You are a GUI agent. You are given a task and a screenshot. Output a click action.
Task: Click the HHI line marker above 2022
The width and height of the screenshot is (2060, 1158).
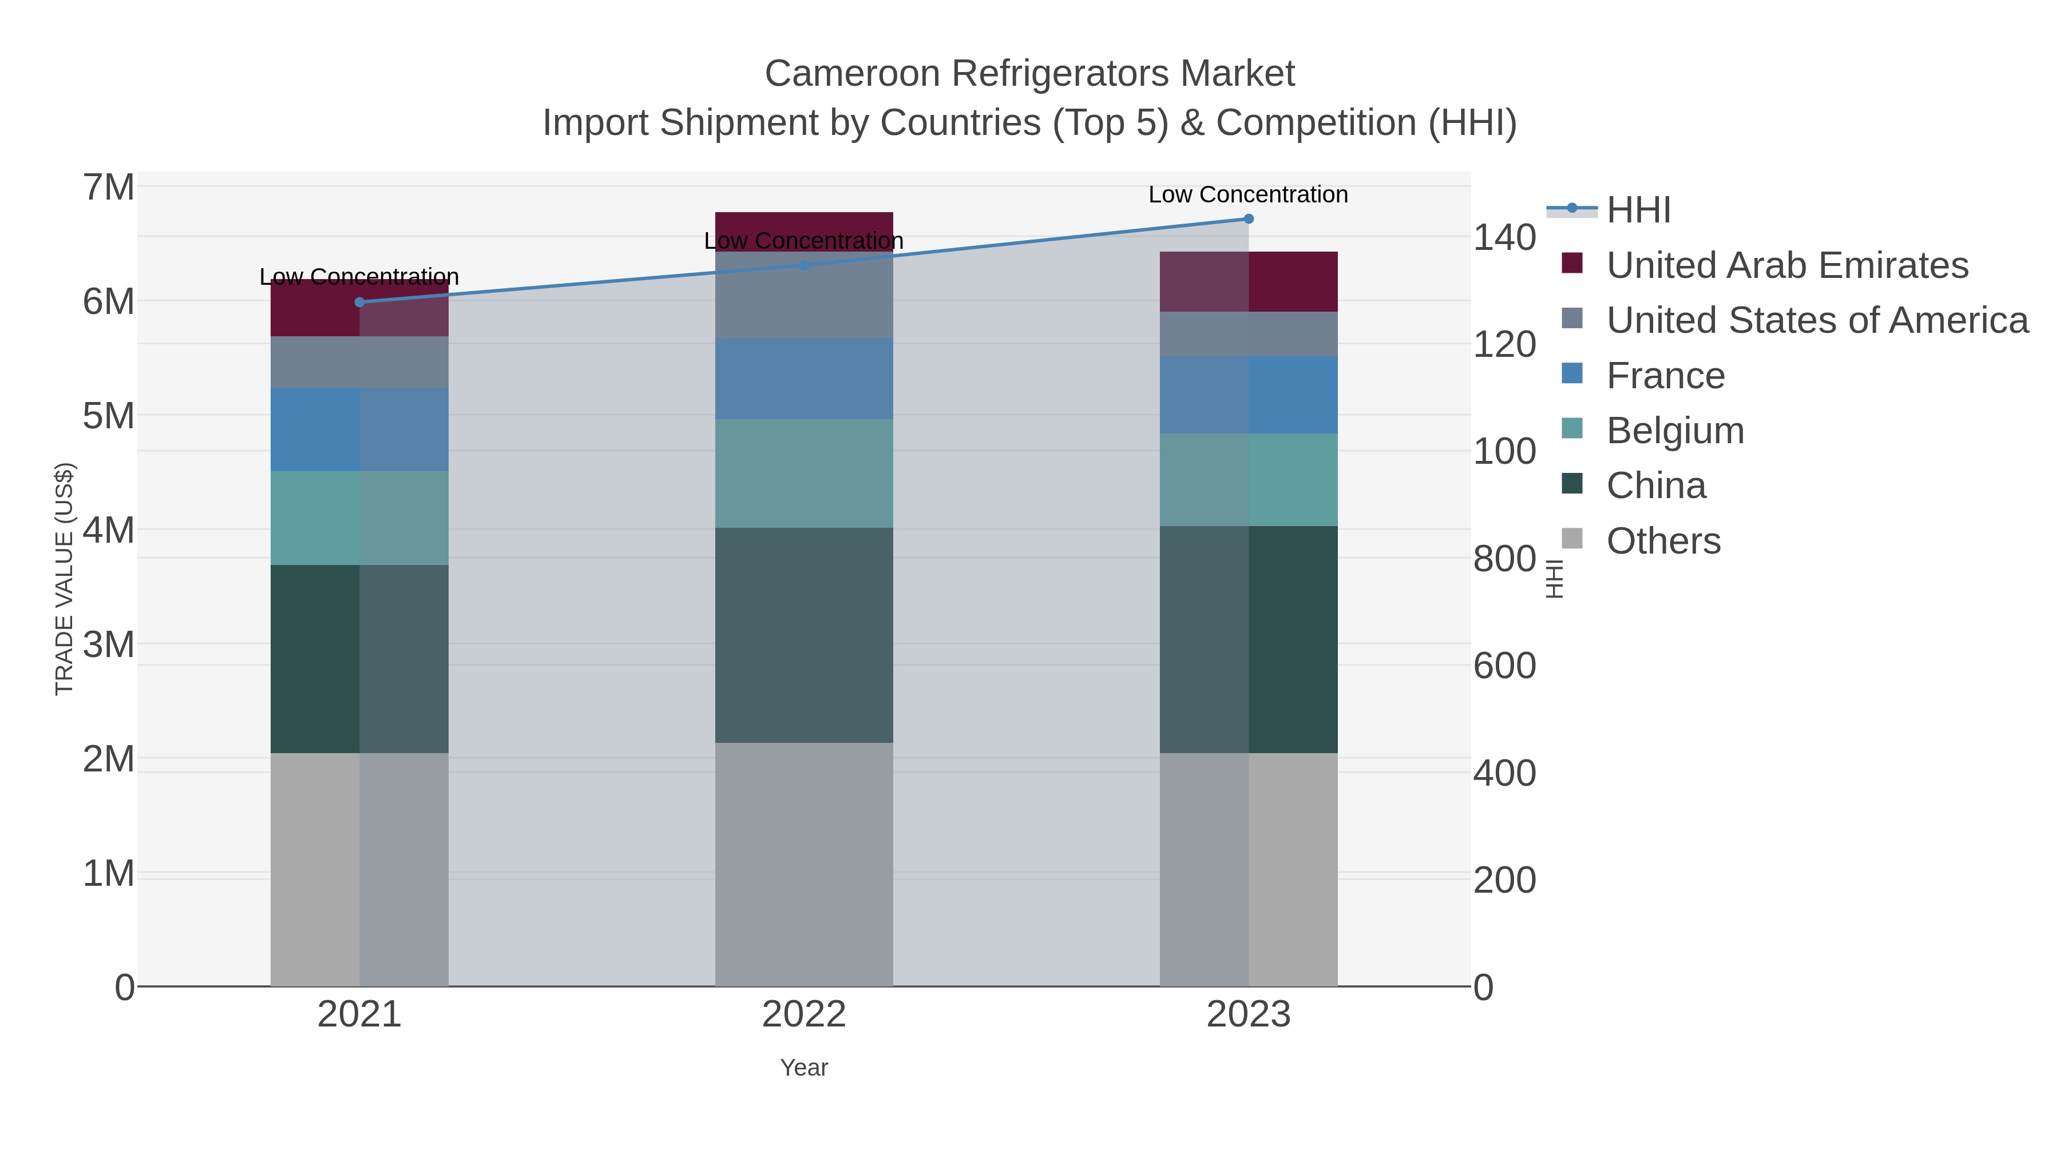point(804,265)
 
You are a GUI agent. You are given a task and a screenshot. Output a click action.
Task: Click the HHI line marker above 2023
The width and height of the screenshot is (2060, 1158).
point(1249,219)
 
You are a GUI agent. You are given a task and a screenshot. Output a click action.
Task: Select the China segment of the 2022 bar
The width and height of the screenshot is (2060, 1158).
point(804,635)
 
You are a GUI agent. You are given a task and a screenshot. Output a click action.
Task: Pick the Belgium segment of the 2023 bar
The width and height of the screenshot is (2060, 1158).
point(1249,480)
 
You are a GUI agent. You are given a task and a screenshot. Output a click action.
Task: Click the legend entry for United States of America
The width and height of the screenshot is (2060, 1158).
point(1816,320)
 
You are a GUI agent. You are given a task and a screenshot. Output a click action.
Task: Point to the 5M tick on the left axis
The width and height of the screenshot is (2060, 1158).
point(109,416)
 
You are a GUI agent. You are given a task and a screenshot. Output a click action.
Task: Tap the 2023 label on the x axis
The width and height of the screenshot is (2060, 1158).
point(1249,1015)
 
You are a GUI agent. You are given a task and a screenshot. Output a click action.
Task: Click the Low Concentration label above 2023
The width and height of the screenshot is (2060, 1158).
point(1249,194)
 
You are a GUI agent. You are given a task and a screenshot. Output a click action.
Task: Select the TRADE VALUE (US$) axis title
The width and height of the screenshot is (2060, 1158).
point(64,579)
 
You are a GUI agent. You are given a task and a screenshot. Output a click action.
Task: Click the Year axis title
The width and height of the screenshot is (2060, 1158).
point(804,1068)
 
